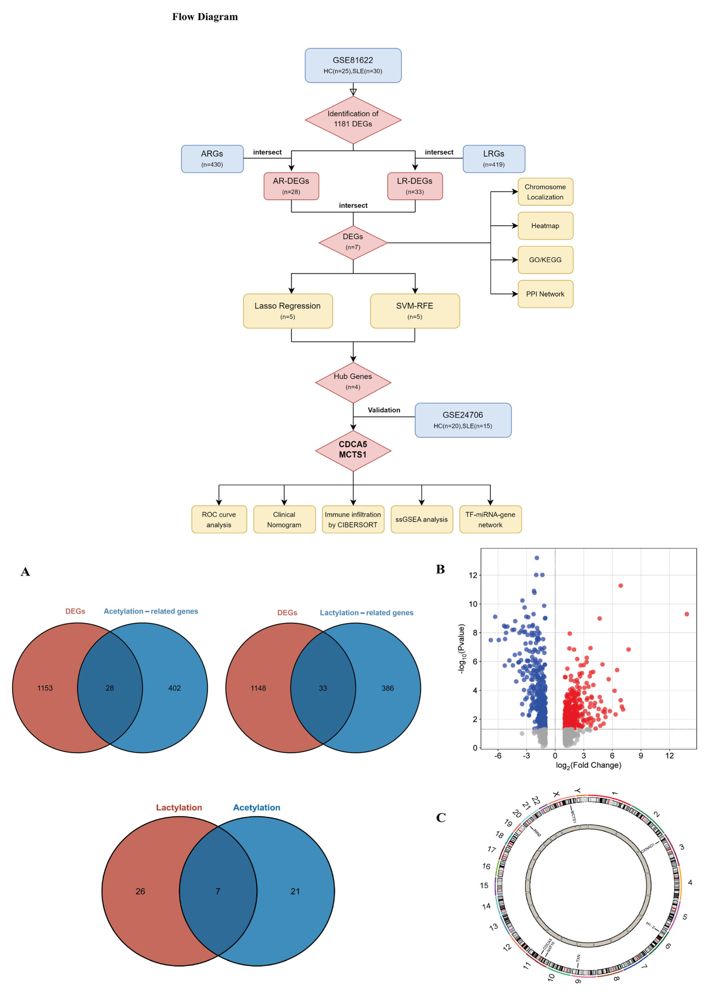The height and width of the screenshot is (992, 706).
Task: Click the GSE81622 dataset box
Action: coord(353,65)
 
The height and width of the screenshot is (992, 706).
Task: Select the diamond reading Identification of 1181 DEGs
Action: coord(353,119)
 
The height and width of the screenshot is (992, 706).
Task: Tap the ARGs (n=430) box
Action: coord(212,159)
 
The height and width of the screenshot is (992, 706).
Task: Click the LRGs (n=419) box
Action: coord(494,159)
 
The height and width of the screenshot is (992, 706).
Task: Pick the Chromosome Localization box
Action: coord(545,192)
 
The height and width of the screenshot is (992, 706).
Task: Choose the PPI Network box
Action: coord(545,294)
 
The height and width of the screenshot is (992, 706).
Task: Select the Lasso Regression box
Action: coord(288,311)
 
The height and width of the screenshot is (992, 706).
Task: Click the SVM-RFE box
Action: coord(415,311)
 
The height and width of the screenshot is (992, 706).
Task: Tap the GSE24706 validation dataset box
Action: coord(463,420)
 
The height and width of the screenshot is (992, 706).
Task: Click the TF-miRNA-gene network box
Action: coord(490,519)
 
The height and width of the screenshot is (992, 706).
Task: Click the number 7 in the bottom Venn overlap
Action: coord(218,891)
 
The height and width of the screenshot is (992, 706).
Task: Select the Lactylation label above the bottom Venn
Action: coord(179,807)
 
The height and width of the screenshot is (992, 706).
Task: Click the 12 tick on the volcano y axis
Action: coord(473,575)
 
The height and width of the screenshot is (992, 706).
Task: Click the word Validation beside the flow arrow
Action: coord(384,410)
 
